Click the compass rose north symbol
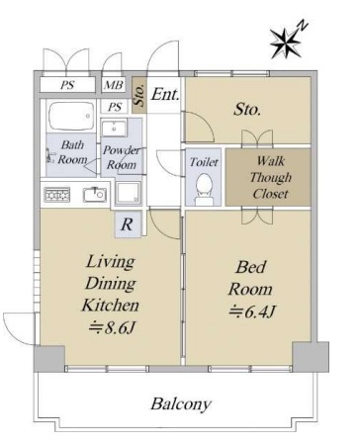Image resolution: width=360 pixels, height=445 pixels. pos(286,42)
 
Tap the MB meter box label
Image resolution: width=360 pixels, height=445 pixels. pos(114,85)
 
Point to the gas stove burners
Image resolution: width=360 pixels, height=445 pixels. pos(57,195)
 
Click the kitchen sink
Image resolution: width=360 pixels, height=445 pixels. pos(95,195)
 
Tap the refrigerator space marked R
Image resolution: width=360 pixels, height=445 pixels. pos(127,224)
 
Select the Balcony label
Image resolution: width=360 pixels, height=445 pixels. pos(181,403)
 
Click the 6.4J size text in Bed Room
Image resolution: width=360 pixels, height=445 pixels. pos(252,311)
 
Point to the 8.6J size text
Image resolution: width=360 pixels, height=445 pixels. pos(112,327)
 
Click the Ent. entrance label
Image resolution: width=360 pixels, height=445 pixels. pos(165,95)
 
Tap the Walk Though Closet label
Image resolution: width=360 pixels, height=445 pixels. pos(270,177)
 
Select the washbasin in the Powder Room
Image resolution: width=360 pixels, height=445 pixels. pos(114,128)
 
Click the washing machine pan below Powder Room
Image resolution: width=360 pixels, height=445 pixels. pos(128,192)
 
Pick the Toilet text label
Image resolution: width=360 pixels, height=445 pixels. pos(204,162)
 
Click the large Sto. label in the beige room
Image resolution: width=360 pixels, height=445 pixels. pos(247,110)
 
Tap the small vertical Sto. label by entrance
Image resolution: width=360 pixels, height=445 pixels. pos(139,95)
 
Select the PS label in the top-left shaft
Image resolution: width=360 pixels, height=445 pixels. pos(67,85)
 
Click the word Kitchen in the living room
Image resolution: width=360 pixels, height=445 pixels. pos(111,305)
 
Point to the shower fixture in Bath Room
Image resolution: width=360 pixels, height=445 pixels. pos(50,156)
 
